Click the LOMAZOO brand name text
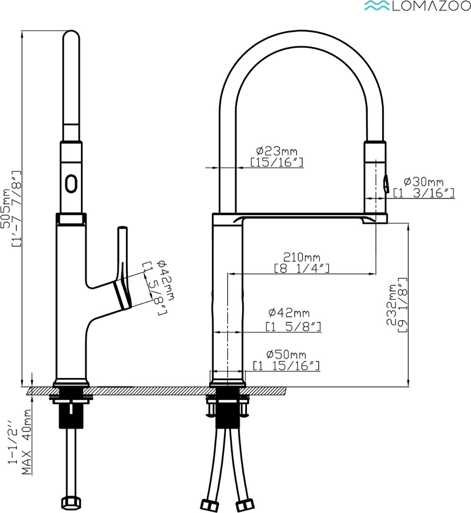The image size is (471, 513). [x=431, y=7]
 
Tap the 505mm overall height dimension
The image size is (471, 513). [x=6, y=209]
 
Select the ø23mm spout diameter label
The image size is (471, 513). [x=277, y=151]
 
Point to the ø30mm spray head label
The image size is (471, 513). [x=424, y=182]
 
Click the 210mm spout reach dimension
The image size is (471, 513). [x=302, y=257]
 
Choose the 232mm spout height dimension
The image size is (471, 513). [x=391, y=305]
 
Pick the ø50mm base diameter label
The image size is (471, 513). [x=286, y=355]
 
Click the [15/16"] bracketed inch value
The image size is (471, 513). [x=277, y=162]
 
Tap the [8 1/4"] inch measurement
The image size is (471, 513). [x=302, y=268]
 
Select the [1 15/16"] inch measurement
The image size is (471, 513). [x=286, y=366]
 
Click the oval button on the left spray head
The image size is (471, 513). [x=71, y=183]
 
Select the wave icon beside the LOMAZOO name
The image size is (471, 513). [x=378, y=6]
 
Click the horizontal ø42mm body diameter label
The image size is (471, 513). [x=289, y=313]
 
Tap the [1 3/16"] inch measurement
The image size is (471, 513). [x=424, y=193]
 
